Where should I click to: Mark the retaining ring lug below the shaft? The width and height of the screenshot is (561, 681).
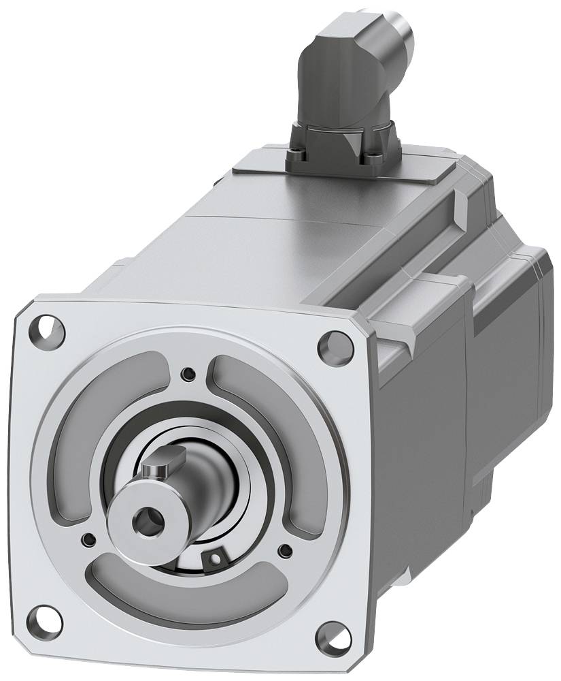[216, 558]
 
